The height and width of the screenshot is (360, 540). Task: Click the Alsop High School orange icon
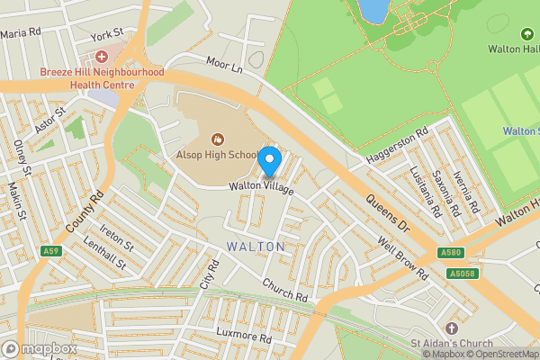pyautogui.click(x=216, y=139)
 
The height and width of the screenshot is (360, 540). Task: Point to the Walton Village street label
pyautogui.click(x=261, y=185)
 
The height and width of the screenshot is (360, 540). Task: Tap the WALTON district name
pyautogui.click(x=256, y=246)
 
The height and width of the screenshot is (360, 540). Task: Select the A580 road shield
pyautogui.click(x=453, y=254)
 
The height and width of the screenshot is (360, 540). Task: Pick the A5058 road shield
pyautogui.click(x=459, y=273)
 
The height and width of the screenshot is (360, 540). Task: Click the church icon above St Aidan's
pyautogui.click(x=450, y=328)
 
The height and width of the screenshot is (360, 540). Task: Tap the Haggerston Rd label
pyautogui.click(x=397, y=148)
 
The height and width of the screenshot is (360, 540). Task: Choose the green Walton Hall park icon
pyautogui.click(x=527, y=34)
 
